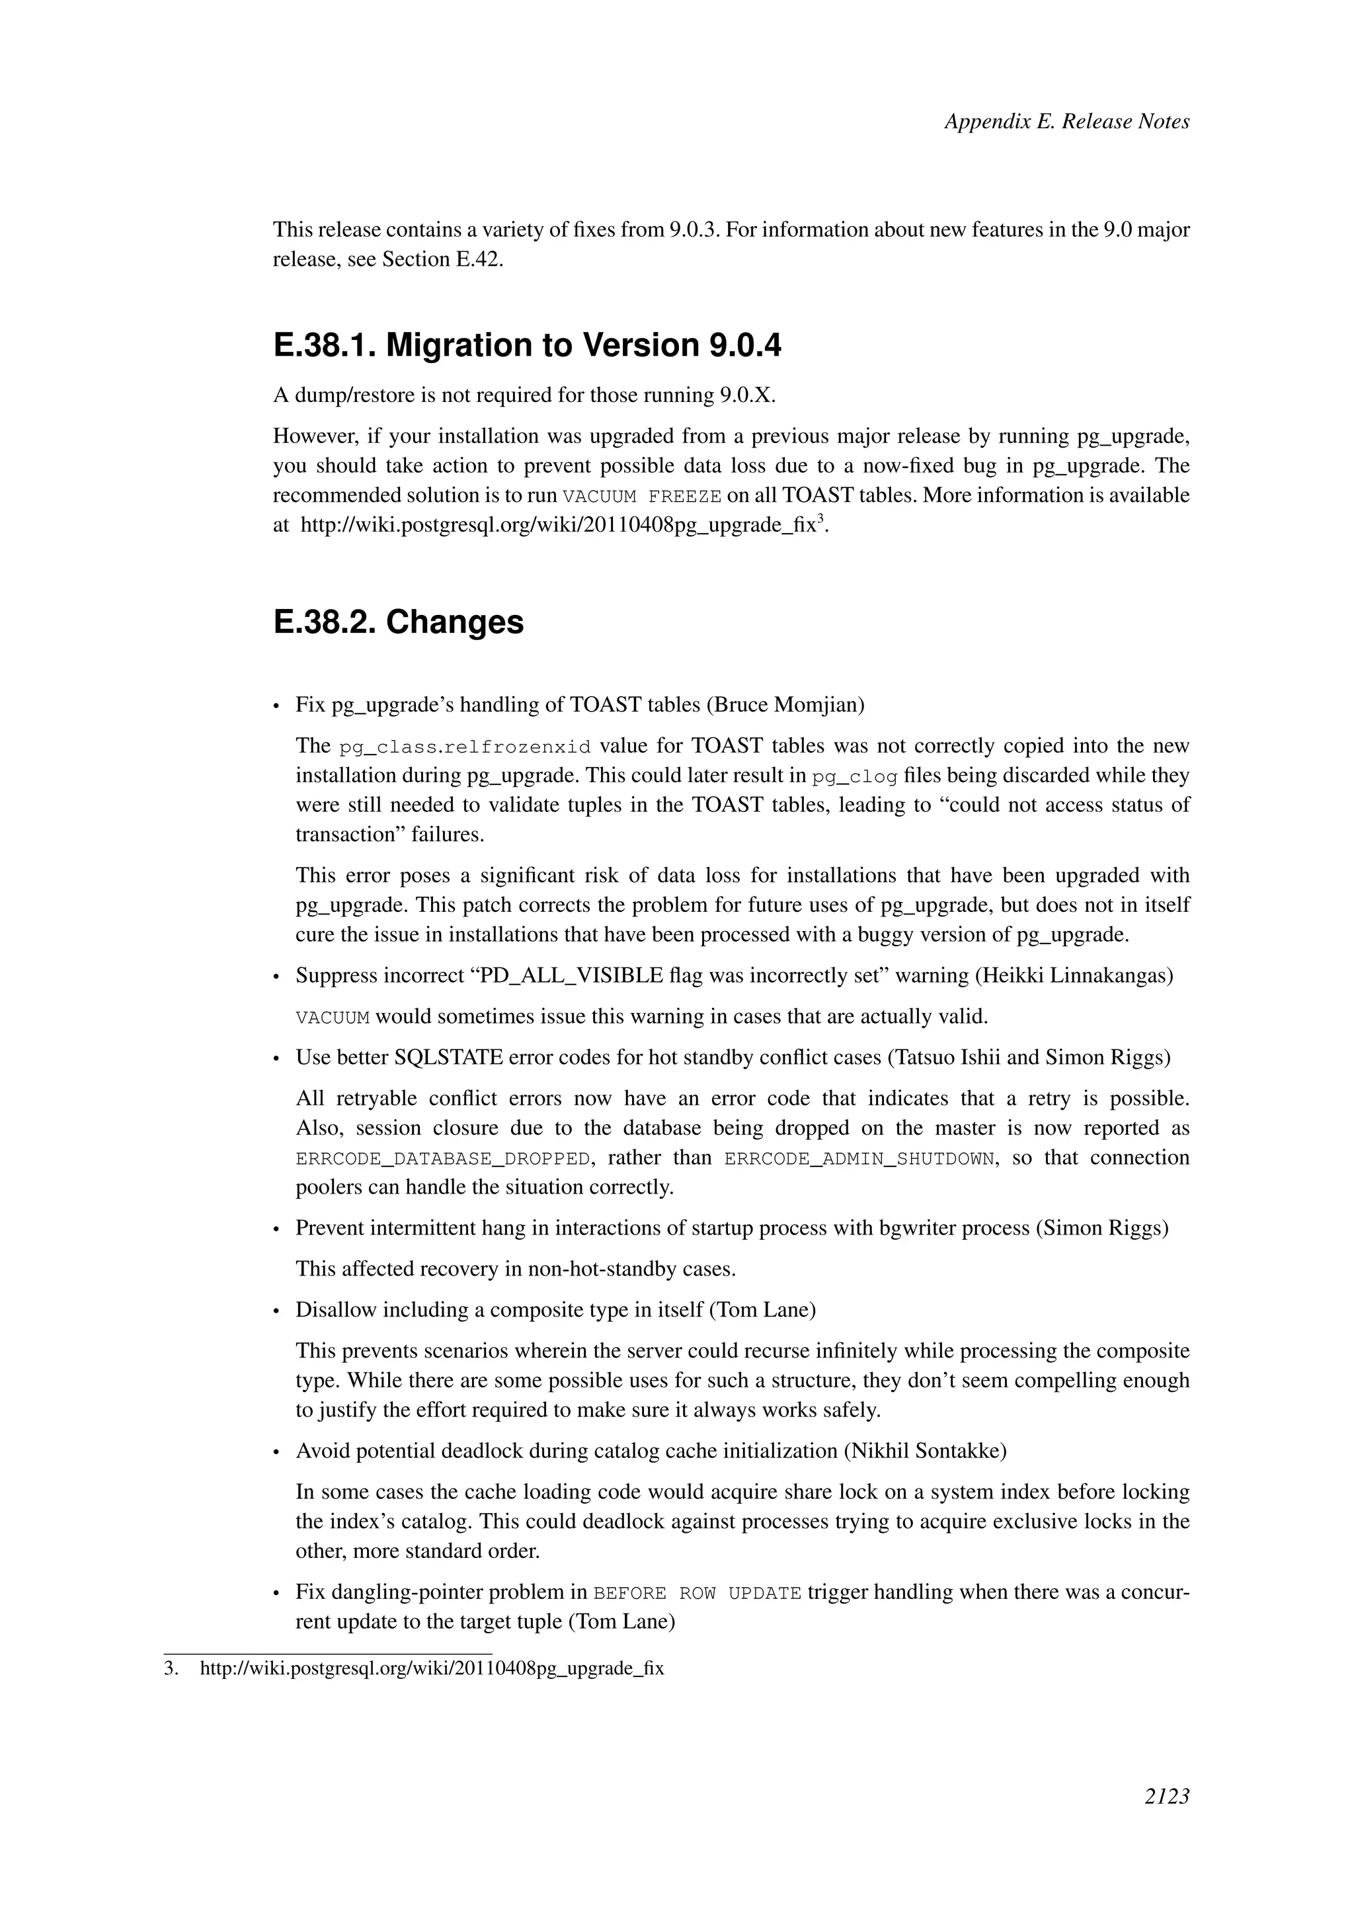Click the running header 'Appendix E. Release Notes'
1066,121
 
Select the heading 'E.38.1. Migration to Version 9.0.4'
527,345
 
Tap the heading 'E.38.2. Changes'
399,622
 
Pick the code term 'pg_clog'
855,776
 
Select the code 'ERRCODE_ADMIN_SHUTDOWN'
859,1159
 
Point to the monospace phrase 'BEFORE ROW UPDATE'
697,1593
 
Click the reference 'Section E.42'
441,259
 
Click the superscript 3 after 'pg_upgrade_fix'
820,519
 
